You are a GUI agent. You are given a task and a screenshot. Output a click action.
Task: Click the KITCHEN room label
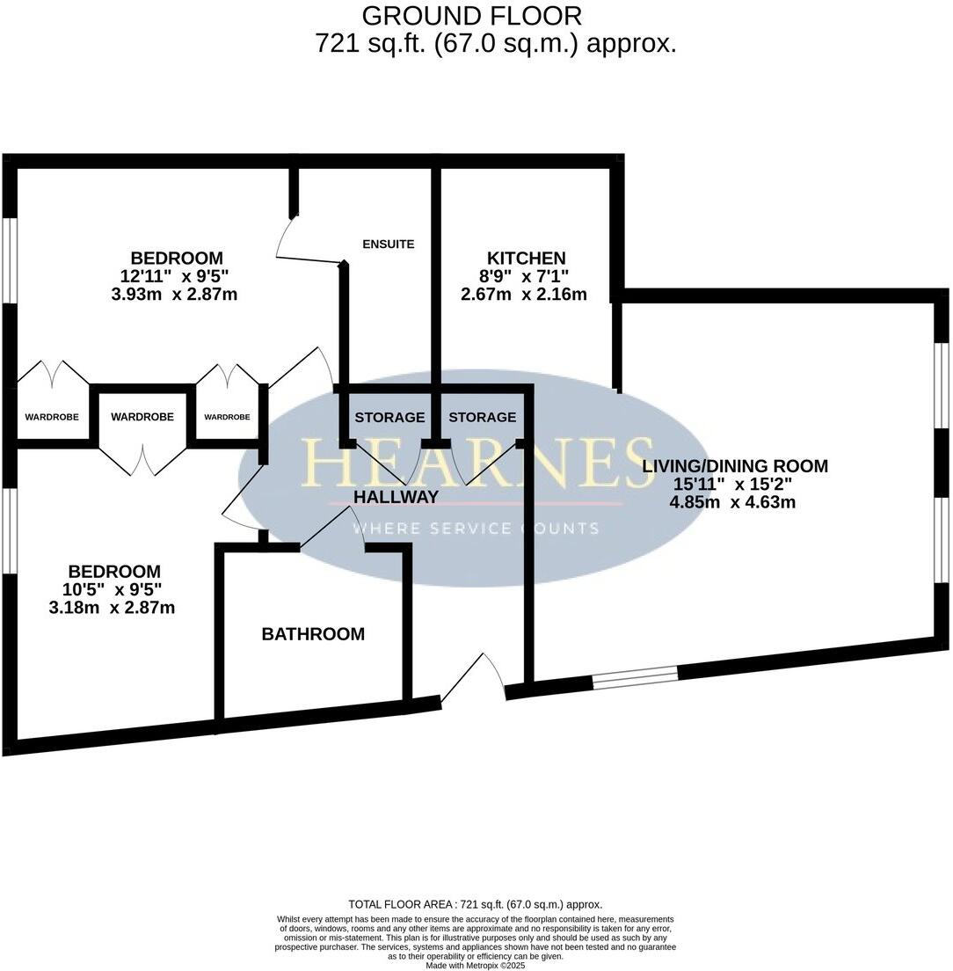pyautogui.click(x=526, y=258)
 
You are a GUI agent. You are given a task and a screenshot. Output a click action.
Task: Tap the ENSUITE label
pyautogui.click(x=388, y=244)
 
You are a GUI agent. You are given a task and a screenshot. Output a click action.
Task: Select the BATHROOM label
pyautogui.click(x=313, y=634)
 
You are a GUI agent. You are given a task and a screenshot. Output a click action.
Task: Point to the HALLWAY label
pyautogui.click(x=396, y=497)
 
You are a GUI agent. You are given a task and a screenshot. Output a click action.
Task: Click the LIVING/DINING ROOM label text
pyautogui.click(x=735, y=466)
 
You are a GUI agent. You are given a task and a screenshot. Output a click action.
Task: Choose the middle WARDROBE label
pyautogui.click(x=142, y=417)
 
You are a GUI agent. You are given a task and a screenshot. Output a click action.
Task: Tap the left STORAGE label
pyautogui.click(x=389, y=417)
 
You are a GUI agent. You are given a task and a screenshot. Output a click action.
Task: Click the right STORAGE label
pyautogui.click(x=482, y=417)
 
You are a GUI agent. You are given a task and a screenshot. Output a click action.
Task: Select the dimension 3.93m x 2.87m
pyautogui.click(x=174, y=294)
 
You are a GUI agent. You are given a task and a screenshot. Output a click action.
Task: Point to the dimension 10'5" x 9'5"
pyautogui.click(x=114, y=589)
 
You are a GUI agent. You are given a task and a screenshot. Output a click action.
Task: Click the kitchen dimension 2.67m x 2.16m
pyautogui.click(x=524, y=294)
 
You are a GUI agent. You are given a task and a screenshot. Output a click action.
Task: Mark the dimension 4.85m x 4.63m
pyautogui.click(x=731, y=502)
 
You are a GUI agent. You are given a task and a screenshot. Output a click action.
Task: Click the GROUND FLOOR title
pyautogui.click(x=471, y=16)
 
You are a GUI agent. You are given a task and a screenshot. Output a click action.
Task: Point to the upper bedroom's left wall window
pyautogui.click(x=9, y=259)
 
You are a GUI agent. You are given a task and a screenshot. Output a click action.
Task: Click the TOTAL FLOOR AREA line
pyautogui.click(x=476, y=904)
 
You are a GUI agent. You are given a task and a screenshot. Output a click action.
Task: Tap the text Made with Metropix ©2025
pyautogui.click(x=476, y=965)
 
